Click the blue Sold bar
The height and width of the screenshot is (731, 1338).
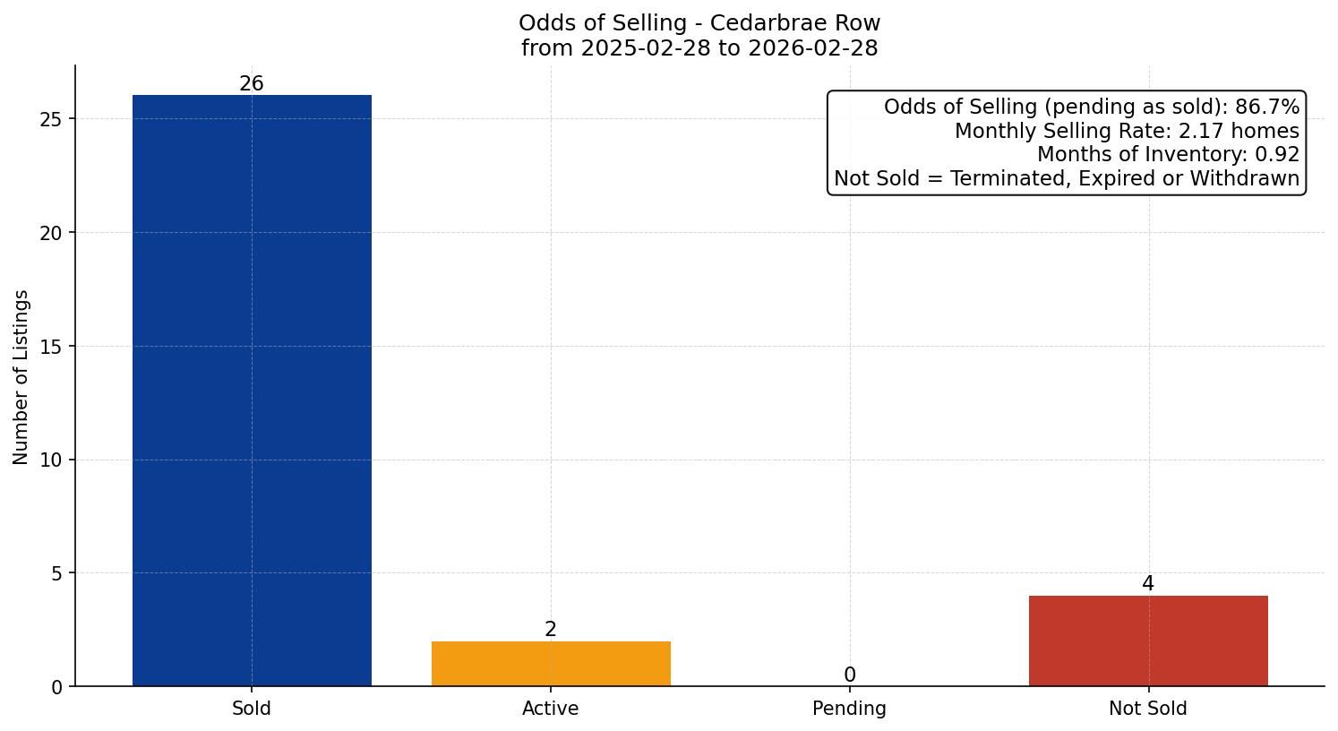252,391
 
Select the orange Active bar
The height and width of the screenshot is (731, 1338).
551,664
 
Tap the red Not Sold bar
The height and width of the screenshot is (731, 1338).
1148,641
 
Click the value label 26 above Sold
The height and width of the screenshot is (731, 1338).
252,84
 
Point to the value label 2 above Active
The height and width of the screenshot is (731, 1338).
551,630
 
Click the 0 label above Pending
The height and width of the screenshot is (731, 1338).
849,675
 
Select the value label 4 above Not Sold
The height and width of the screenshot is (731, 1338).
1148,584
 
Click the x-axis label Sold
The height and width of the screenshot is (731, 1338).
252,709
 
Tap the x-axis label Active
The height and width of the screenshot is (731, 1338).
551,709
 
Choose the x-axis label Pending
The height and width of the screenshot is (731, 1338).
849,709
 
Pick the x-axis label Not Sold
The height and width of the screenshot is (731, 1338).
1148,709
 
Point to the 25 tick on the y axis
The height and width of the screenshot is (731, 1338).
51,119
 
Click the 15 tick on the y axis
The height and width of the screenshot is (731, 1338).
51,347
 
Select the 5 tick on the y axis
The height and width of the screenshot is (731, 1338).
56,573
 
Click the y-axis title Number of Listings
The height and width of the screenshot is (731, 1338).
21,377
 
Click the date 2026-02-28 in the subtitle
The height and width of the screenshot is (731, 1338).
813,48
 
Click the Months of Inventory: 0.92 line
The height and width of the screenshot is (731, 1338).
1168,155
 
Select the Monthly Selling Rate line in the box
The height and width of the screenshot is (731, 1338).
1127,131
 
